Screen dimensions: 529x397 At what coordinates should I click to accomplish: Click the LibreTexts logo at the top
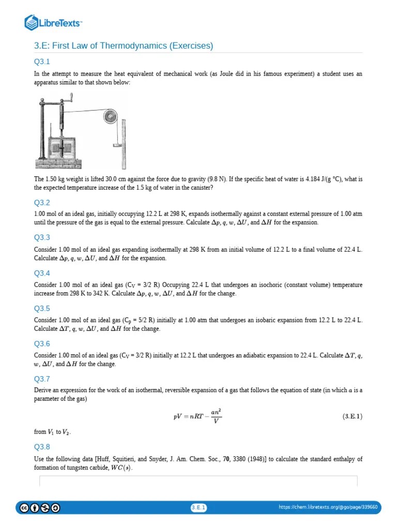click(x=54, y=22)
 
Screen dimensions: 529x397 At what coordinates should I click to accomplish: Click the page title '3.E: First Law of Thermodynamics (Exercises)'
click(x=124, y=46)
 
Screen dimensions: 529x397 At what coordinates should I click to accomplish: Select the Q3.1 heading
click(x=42, y=62)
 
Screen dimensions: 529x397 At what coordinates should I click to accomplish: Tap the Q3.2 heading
click(x=42, y=203)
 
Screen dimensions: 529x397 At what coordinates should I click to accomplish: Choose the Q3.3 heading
click(x=42, y=238)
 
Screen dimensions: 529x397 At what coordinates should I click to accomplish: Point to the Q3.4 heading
click(x=42, y=273)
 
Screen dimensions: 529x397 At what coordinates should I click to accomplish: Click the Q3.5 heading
click(x=42, y=308)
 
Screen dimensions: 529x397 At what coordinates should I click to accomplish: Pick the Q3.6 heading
click(x=42, y=344)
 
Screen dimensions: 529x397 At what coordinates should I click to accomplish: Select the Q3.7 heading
click(x=42, y=379)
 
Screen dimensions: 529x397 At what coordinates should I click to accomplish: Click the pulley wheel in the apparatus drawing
click(x=109, y=117)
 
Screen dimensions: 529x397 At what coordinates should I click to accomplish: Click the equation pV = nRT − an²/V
click(x=198, y=416)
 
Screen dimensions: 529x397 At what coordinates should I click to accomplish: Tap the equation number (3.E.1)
click(x=353, y=416)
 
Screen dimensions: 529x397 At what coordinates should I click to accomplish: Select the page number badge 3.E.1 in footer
click(x=198, y=508)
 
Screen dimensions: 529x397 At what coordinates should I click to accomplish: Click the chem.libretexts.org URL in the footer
click(x=328, y=508)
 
